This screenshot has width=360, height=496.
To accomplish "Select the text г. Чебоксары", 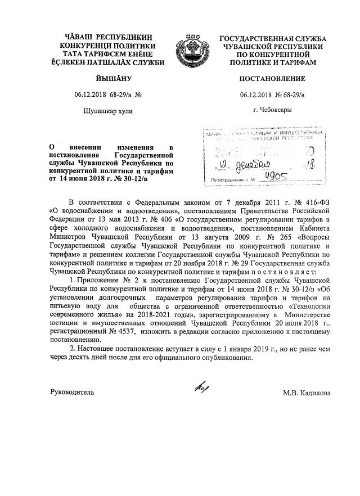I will tap(273, 110).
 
